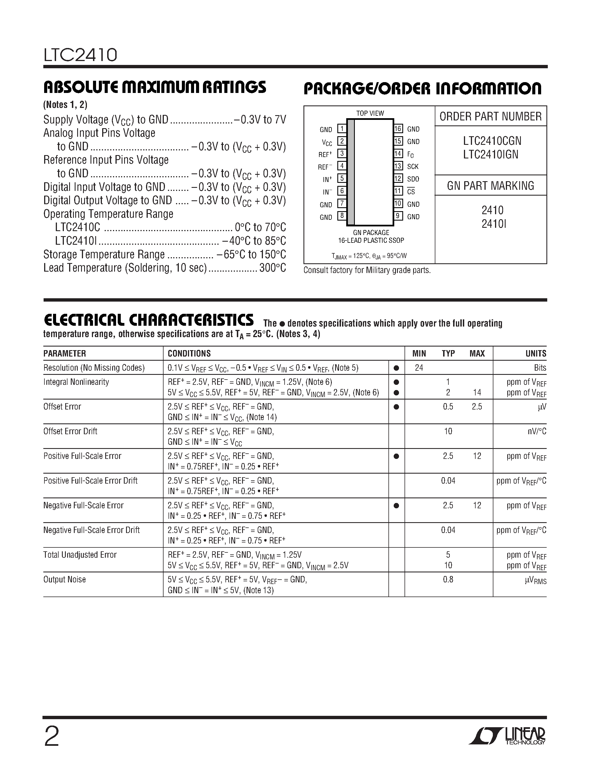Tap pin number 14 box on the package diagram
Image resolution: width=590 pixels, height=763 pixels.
(x=398, y=154)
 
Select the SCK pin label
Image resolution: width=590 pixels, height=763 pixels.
(x=413, y=167)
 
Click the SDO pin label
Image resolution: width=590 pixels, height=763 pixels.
(x=413, y=179)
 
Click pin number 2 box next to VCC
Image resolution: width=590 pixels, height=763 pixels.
(x=342, y=142)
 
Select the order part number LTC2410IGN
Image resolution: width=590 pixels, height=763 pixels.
(x=491, y=155)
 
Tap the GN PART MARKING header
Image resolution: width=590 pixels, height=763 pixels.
(x=490, y=186)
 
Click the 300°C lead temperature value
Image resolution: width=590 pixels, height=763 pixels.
(x=273, y=268)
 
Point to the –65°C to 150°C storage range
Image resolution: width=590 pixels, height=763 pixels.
(x=251, y=255)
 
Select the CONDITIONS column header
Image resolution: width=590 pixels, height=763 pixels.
(x=189, y=353)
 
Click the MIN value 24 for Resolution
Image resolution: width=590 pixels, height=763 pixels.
(x=419, y=368)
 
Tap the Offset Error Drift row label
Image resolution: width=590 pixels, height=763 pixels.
(x=70, y=431)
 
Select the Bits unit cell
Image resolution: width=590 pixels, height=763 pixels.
(x=540, y=368)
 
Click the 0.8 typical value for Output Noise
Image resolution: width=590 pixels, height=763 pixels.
(x=448, y=580)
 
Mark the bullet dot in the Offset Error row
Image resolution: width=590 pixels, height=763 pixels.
(x=396, y=407)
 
